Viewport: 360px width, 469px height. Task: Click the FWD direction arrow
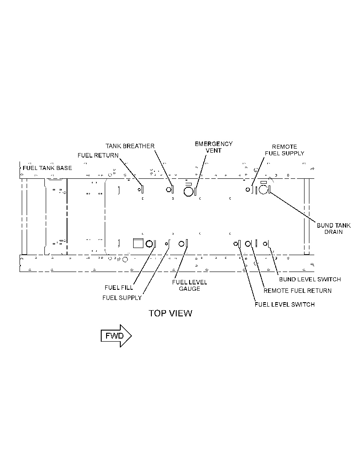[x=116, y=335]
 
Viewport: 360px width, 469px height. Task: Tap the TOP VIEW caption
[x=170, y=313]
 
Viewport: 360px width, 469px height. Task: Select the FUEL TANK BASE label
[x=47, y=168]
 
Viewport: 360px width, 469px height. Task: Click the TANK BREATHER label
[x=130, y=146]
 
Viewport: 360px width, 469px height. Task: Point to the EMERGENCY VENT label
[x=214, y=147]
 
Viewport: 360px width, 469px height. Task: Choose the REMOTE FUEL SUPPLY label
[x=284, y=150]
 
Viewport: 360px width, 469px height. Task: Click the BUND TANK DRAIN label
[x=334, y=229]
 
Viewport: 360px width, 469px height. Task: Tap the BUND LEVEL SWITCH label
[x=310, y=280]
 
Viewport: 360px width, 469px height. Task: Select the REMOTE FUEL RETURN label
[x=297, y=291]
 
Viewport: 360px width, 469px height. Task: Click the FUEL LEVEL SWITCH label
[x=285, y=304]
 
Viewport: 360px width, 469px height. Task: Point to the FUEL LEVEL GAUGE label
[x=190, y=285]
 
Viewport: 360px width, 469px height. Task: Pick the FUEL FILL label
[x=119, y=288]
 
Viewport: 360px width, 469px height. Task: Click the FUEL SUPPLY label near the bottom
[x=122, y=298]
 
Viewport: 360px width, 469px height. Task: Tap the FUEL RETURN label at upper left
[x=98, y=155]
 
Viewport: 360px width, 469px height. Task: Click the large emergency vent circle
[x=188, y=192]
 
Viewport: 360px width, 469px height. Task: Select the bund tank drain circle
[x=263, y=189]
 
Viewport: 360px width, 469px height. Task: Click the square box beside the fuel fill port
[x=138, y=244]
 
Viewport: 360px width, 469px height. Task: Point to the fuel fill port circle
[x=149, y=244]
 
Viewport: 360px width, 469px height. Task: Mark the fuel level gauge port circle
[x=182, y=244]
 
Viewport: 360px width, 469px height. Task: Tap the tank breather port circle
[x=169, y=189]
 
